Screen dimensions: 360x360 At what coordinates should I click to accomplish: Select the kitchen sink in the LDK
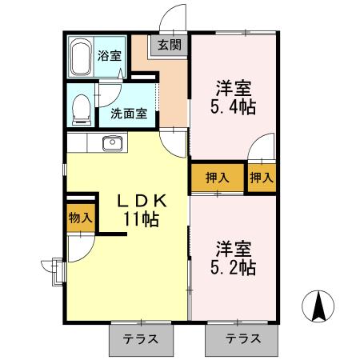coord(112,144)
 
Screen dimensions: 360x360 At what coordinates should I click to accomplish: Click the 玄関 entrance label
coord(169,45)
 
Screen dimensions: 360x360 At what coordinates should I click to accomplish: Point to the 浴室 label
coord(109,56)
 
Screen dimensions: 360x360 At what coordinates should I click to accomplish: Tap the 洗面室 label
coord(128,114)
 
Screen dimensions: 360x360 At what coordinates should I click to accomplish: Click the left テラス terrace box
coord(142,338)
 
